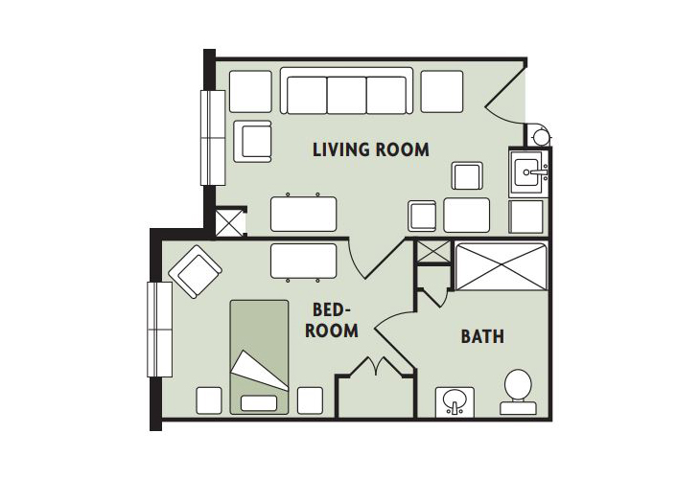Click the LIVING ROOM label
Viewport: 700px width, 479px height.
370,149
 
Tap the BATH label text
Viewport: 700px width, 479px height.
482,336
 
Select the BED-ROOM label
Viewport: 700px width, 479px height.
331,320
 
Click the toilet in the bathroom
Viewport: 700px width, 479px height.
518,392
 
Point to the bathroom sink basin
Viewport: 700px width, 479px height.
455,401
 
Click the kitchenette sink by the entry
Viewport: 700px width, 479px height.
529,173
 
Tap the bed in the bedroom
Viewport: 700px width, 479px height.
259,357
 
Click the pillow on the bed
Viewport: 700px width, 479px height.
259,403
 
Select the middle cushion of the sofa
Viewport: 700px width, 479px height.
347,95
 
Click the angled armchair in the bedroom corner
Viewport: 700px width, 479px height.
195,271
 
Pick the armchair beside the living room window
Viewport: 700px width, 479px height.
252,142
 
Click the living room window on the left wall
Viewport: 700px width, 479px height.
213,137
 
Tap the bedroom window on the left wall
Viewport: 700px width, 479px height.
160,330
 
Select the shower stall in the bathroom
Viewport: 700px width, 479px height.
501,266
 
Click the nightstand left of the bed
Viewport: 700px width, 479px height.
209,400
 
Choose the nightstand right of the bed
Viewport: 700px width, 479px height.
310,400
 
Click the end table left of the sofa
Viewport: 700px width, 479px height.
250,91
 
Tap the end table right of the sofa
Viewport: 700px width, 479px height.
442,91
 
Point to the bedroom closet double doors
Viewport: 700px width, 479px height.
377,366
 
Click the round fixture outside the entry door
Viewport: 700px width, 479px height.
541,136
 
